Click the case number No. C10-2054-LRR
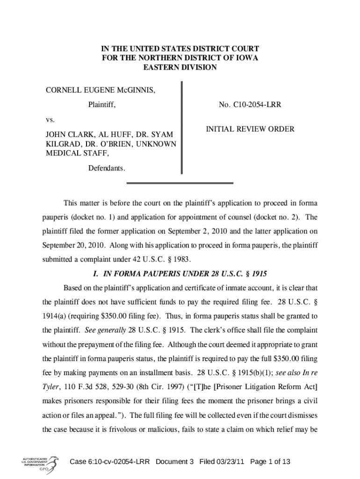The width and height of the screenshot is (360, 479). click(x=250, y=106)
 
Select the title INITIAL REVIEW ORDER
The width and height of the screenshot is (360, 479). click(x=250, y=129)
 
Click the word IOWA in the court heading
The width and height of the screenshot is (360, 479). click(x=246, y=58)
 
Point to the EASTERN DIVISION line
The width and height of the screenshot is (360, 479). click(x=180, y=67)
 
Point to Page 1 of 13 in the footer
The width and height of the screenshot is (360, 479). click(x=270, y=462)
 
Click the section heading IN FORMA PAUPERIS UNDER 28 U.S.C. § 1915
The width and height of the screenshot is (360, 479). click(x=180, y=273)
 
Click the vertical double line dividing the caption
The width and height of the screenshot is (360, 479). click(x=181, y=127)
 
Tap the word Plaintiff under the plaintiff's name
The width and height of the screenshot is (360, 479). click(x=102, y=106)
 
